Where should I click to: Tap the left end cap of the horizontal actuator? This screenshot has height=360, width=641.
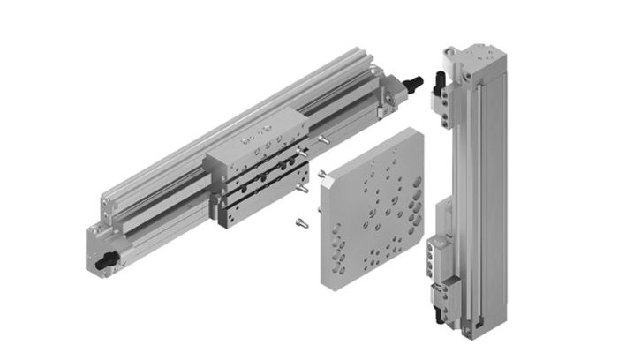(104, 247)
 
